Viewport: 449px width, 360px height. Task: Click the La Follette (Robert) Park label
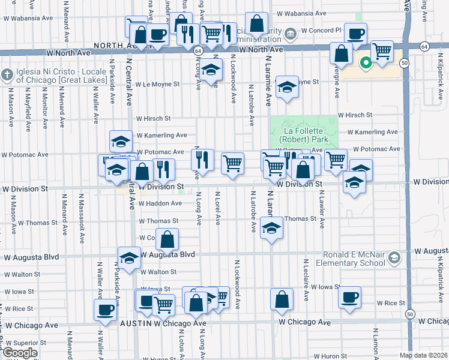coord(304,135)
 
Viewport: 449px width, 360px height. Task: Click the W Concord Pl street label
coord(321,29)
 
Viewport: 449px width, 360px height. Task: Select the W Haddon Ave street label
coord(160,203)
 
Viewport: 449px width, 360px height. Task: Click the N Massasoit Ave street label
coord(80,222)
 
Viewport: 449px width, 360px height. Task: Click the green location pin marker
coord(364,62)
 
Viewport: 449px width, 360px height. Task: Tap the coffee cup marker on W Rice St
coord(349,297)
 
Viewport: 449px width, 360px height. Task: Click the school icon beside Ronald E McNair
coord(394,258)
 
